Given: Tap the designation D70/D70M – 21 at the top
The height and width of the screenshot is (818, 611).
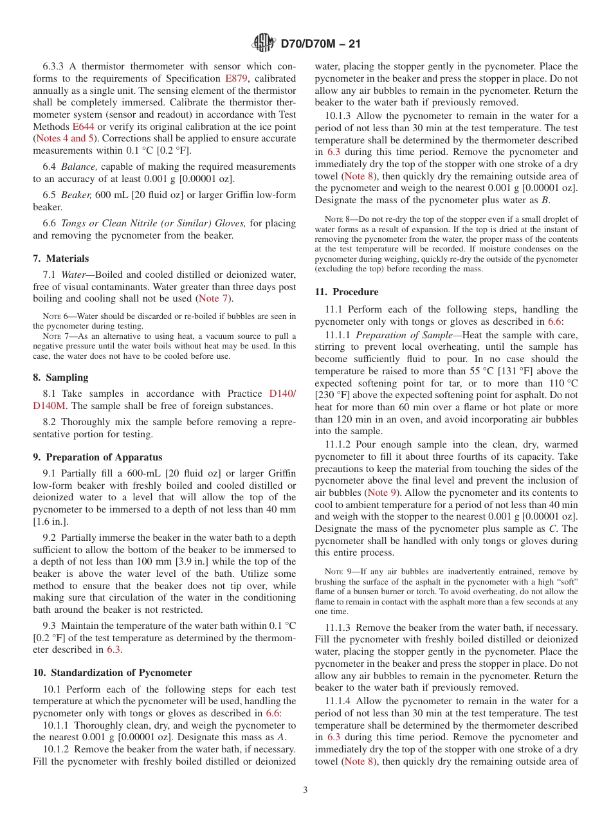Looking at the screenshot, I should (320, 44).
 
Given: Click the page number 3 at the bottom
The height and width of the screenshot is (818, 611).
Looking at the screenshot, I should (305, 790).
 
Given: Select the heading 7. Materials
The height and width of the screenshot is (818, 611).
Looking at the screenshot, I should (61, 259).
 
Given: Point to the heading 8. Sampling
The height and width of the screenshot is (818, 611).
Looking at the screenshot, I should (60, 377).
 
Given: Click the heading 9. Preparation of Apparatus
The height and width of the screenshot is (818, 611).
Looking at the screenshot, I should (97, 457).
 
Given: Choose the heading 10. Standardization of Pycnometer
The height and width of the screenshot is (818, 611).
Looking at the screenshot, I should (112, 673).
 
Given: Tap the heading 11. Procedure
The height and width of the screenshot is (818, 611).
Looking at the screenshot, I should (346, 292).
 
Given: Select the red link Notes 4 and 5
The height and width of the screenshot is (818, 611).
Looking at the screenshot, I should (64, 138).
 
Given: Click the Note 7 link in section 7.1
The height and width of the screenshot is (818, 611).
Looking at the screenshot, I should (212, 298).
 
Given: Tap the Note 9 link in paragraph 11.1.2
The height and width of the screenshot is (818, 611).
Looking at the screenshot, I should (381, 493).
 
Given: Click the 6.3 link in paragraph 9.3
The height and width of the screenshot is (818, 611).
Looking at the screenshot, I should (113, 650).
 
